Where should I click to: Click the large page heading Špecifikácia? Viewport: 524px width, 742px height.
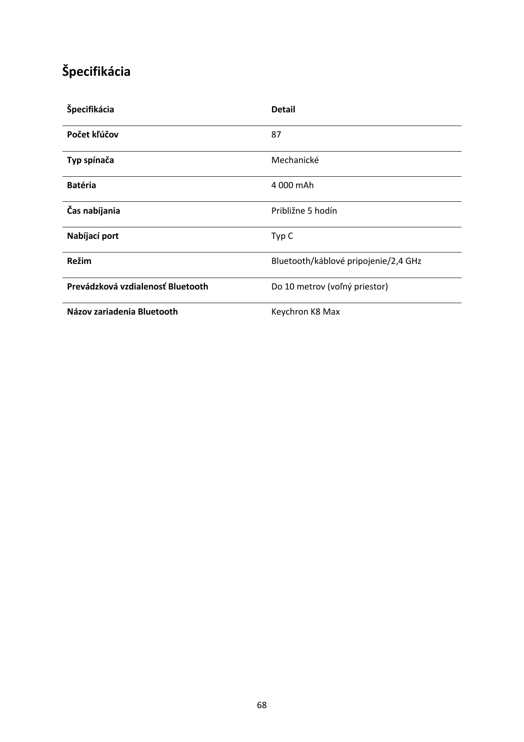click(x=96, y=71)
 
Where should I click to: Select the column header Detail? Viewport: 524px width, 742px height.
click(x=283, y=109)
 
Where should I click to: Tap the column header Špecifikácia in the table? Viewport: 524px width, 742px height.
click(x=90, y=109)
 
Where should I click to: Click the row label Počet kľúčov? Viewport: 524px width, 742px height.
click(x=92, y=134)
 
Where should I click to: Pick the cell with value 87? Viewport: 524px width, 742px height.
click(x=276, y=134)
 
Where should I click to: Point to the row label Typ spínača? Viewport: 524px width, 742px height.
click(x=90, y=160)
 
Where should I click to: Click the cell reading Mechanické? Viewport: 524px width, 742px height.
click(x=295, y=160)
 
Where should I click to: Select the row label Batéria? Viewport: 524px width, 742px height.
click(x=81, y=185)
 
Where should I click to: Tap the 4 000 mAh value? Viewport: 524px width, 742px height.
click(x=292, y=185)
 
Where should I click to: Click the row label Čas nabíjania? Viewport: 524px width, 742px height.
click(x=93, y=211)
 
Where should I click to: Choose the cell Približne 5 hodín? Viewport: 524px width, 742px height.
click(x=304, y=211)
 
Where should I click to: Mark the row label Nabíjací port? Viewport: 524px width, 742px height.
click(x=92, y=236)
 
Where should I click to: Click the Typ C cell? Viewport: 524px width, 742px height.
click(x=282, y=236)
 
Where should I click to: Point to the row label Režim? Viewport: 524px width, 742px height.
click(x=79, y=261)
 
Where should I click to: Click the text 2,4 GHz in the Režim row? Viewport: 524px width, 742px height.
click(x=407, y=261)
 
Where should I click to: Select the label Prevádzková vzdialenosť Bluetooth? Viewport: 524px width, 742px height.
click(x=137, y=286)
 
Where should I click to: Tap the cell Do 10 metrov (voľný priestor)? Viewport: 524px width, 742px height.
click(x=330, y=286)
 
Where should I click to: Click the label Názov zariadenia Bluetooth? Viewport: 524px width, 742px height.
click(x=122, y=312)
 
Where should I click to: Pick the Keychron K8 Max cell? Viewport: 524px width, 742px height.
click(x=305, y=312)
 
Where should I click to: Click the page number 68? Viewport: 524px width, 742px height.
click(x=262, y=705)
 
